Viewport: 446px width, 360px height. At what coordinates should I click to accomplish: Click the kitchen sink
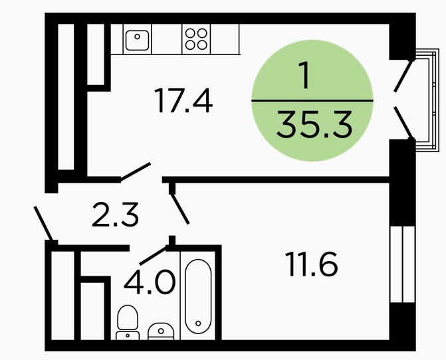tap(138, 40)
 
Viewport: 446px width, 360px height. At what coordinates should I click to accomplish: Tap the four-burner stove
tap(196, 39)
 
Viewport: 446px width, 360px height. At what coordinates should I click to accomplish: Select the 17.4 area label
tap(183, 100)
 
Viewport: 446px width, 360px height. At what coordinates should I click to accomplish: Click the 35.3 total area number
tap(314, 124)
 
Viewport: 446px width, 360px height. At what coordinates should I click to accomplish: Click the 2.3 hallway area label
tap(115, 215)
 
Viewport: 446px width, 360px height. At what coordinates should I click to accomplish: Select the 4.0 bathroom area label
tap(150, 282)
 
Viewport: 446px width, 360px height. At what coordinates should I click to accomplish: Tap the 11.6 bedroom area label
tap(312, 264)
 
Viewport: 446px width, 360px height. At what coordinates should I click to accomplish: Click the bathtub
tap(198, 296)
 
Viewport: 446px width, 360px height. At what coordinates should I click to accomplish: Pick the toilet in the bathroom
tap(128, 323)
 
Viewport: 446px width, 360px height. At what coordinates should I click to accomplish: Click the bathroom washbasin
tap(161, 331)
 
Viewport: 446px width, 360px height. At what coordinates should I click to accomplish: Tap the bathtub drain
tap(198, 323)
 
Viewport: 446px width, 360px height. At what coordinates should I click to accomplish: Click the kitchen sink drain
tap(138, 37)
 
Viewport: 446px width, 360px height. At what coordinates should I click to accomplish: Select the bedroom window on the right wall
tap(403, 264)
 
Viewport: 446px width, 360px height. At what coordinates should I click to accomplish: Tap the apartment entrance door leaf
tap(43, 223)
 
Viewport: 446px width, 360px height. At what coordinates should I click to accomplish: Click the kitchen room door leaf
tap(136, 171)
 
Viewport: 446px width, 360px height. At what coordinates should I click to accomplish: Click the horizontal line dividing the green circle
tap(312, 100)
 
